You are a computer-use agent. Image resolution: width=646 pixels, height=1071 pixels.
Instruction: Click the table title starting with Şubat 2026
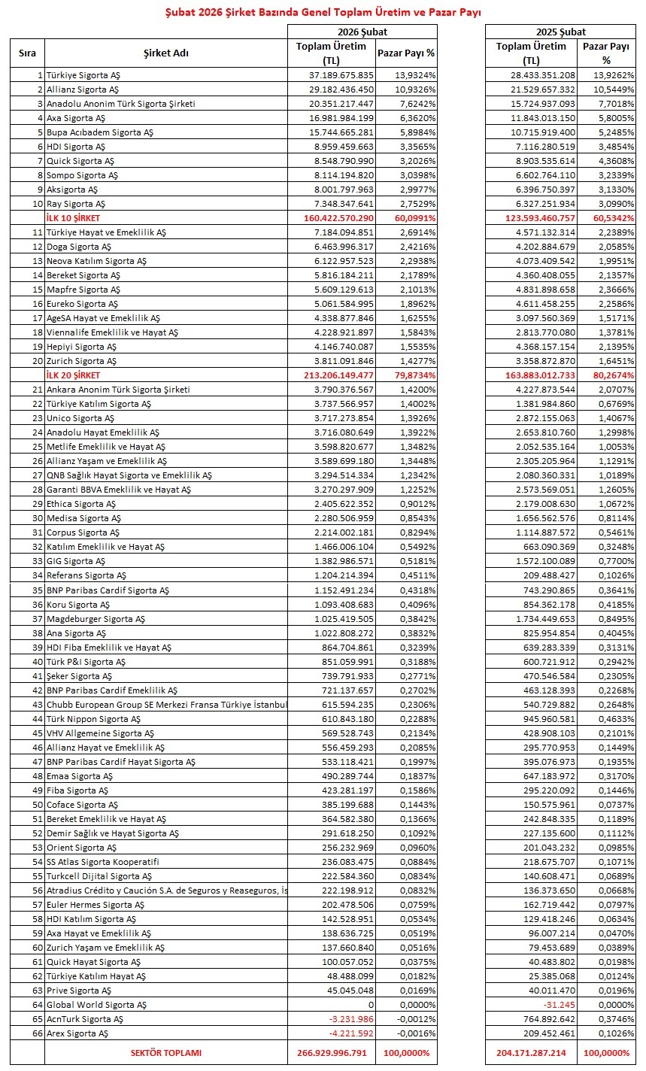[x=323, y=13]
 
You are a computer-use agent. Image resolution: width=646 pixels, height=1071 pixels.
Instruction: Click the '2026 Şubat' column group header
[x=362, y=32]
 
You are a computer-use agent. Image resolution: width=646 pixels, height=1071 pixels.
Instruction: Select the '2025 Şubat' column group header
[x=560, y=32]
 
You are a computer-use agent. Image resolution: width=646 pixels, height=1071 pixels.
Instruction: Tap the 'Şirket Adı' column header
[x=165, y=53]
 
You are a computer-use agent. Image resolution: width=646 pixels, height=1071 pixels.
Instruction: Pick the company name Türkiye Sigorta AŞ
[x=83, y=76]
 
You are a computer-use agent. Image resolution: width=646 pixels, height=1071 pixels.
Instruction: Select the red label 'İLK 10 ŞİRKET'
[x=73, y=218]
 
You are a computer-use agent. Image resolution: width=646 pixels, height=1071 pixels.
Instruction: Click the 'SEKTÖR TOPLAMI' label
[x=165, y=1053]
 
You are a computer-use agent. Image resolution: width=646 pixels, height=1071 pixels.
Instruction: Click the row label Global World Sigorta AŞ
[x=96, y=1005]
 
